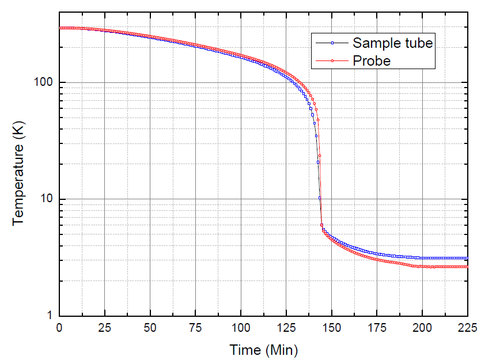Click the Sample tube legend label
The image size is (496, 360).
pyautogui.click(x=392, y=43)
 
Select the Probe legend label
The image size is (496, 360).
pyautogui.click(x=372, y=60)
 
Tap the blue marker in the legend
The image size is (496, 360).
pyautogui.click(x=332, y=43)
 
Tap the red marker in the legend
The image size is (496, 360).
pyautogui.click(x=332, y=60)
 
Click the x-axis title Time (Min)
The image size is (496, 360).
pyautogui.click(x=264, y=350)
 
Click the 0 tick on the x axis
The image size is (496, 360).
pyautogui.click(x=59, y=327)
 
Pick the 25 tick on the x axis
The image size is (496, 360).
pyautogui.click(x=104, y=327)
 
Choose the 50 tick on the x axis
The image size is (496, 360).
pyautogui.click(x=150, y=327)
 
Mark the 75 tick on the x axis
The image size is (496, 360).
pyautogui.click(x=195, y=327)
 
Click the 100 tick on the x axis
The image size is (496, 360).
pyautogui.click(x=241, y=327)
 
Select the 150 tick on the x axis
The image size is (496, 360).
pyautogui.click(x=331, y=327)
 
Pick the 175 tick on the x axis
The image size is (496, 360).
pyautogui.click(x=377, y=327)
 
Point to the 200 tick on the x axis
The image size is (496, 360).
pyautogui.click(x=422, y=327)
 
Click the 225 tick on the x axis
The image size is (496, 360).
pyautogui.click(x=467, y=327)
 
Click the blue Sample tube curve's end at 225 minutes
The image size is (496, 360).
pyautogui.click(x=467, y=258)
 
